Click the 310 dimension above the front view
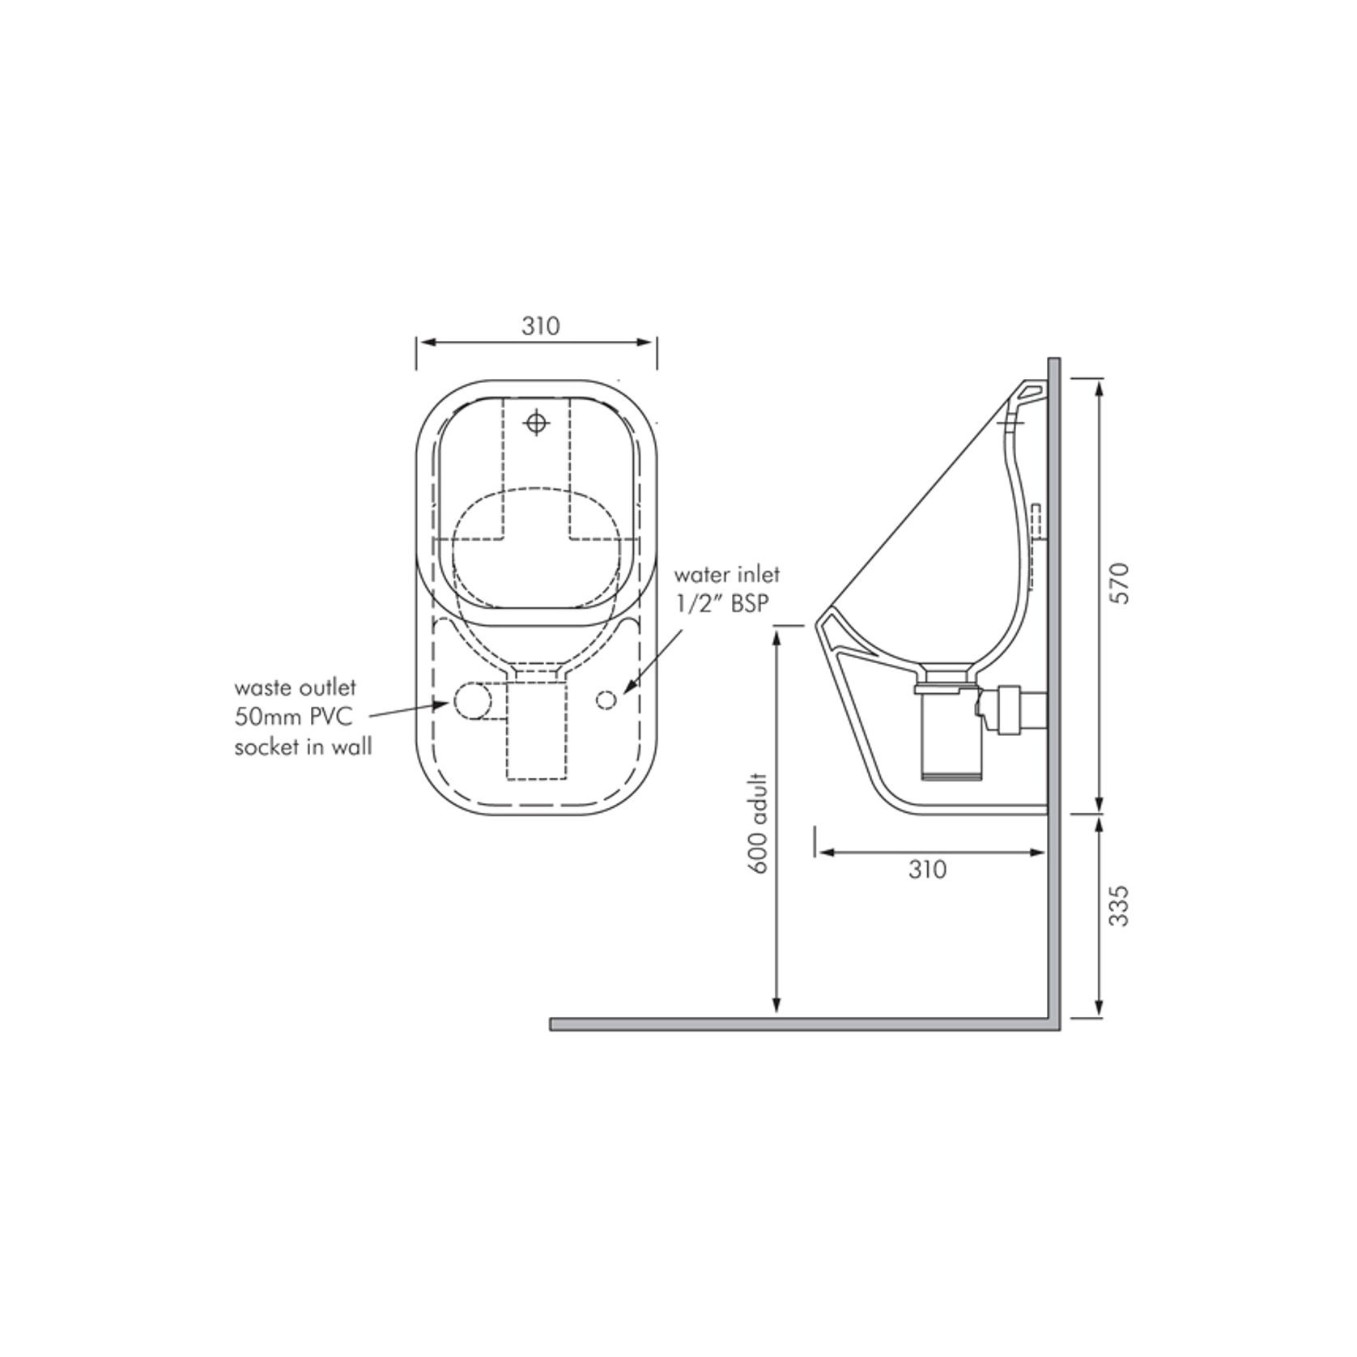pyautogui.click(x=540, y=326)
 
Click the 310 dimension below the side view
pyautogui.click(x=927, y=870)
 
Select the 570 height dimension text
pyautogui.click(x=1119, y=582)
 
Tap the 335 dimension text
pyautogui.click(x=1119, y=906)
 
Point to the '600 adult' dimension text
pyautogui.click(x=759, y=823)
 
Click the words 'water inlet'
pyautogui.click(x=727, y=575)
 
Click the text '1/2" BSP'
pyautogui.click(x=721, y=604)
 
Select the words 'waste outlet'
pyautogui.click(x=295, y=687)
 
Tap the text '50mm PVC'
pyautogui.click(x=293, y=717)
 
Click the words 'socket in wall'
pyautogui.click(x=303, y=747)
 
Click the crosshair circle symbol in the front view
pyautogui.click(x=536, y=422)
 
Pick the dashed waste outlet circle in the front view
pyautogui.click(x=472, y=700)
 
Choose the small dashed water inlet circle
pyautogui.click(x=606, y=700)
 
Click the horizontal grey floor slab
pyautogui.click(x=802, y=1024)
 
